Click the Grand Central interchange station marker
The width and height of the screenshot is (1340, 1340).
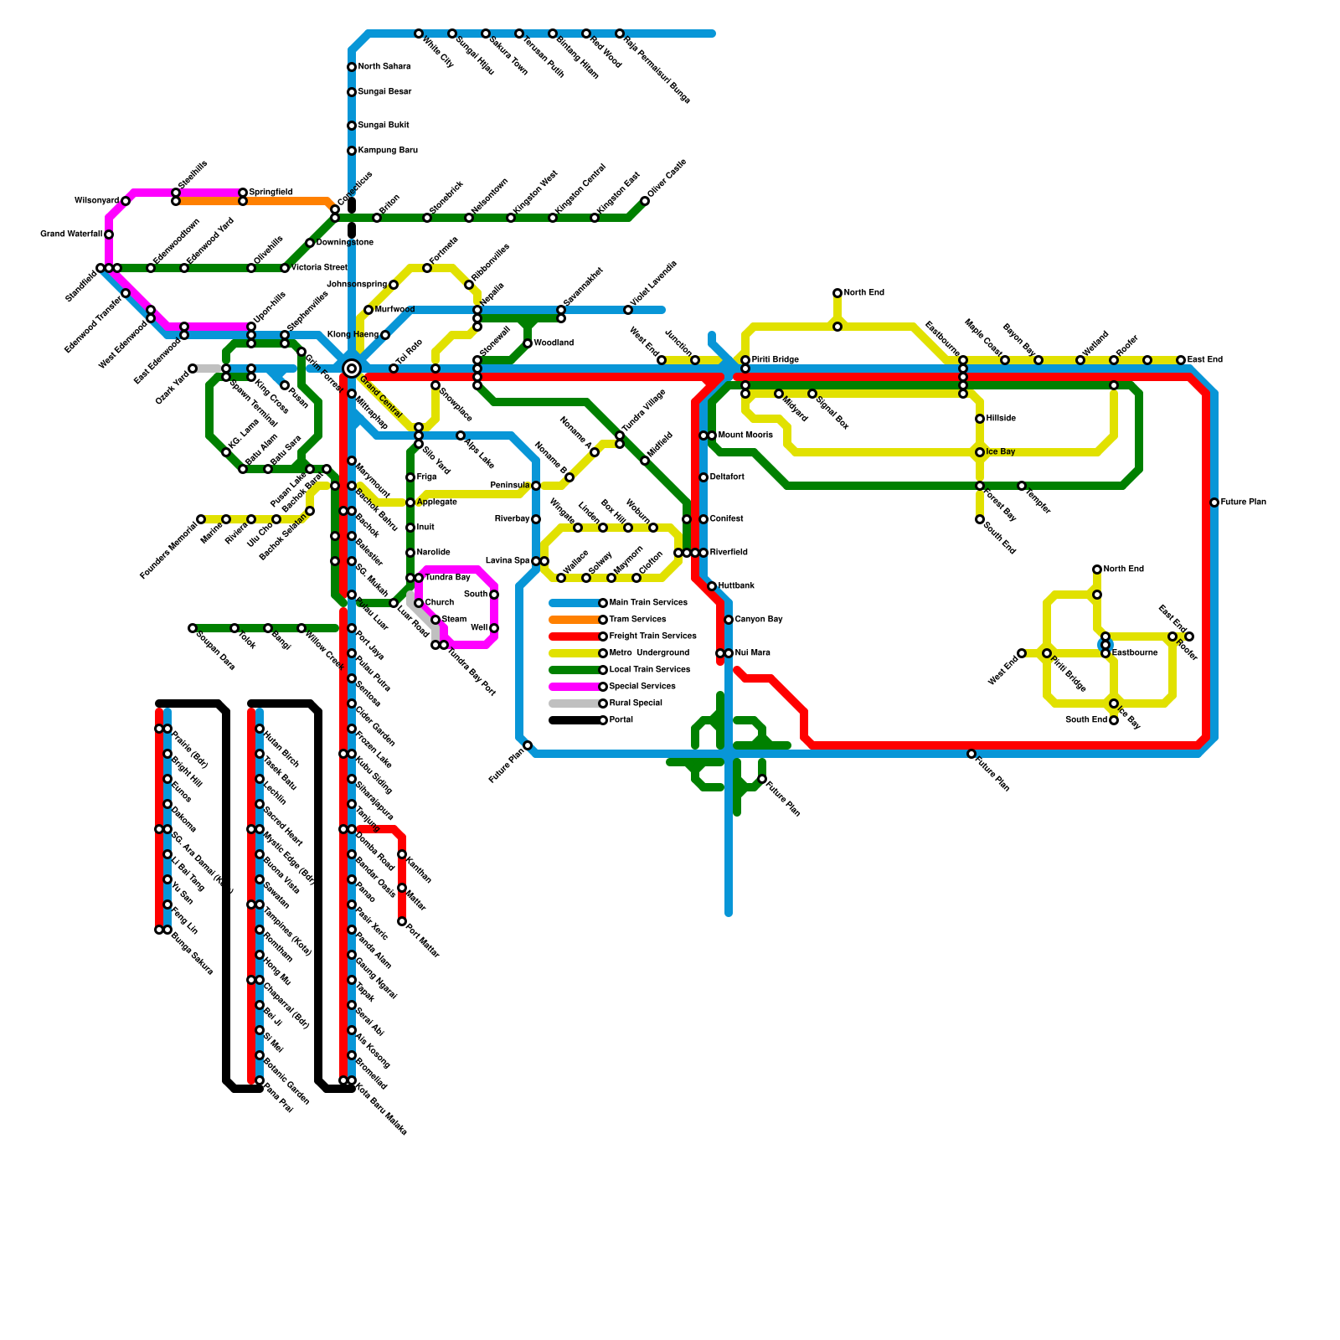pos(352,368)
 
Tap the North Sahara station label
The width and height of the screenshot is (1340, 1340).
pos(384,67)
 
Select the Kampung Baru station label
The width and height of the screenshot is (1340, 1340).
pos(387,151)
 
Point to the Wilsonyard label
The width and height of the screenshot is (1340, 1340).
pos(96,201)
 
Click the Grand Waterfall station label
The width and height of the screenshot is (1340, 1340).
pos(71,234)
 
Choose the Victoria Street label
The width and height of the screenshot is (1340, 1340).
pos(319,268)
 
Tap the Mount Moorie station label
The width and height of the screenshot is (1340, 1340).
pos(745,435)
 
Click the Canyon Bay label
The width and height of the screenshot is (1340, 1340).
pos(759,620)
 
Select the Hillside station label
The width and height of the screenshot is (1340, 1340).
pos(1001,419)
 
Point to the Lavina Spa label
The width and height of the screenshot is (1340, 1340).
pos(508,561)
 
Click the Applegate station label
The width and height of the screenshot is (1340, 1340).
pos(436,502)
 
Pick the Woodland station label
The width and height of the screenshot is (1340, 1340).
pos(554,343)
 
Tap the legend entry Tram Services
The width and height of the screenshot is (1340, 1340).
pos(637,620)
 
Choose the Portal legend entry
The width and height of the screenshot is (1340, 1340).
pos(621,720)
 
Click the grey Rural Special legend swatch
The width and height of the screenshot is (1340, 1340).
pos(575,703)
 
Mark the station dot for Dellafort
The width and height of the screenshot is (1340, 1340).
pos(703,477)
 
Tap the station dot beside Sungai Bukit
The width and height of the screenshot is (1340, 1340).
pos(352,126)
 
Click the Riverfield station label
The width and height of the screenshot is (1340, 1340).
pos(729,553)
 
